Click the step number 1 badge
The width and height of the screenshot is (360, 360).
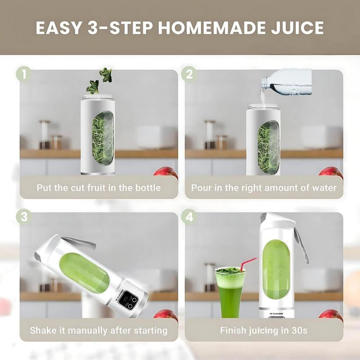point(23,73)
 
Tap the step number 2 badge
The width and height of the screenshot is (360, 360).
point(189,73)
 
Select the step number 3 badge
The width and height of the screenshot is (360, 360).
point(23,216)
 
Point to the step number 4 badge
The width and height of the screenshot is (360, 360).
point(189,216)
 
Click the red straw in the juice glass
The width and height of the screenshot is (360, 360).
point(247,265)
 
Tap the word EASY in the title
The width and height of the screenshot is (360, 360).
point(57,28)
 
